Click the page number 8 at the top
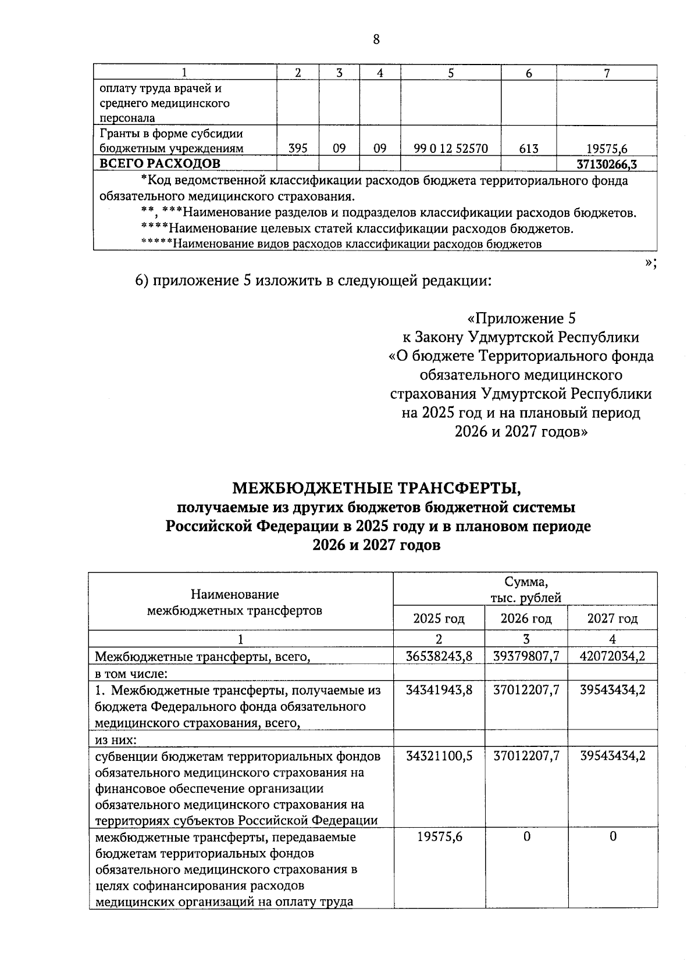coord(375,40)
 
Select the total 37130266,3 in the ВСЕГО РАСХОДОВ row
coord(606,164)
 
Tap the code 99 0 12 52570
coord(450,149)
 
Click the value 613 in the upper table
coord(528,149)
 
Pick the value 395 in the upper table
coord(298,149)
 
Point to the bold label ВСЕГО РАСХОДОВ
coord(160,163)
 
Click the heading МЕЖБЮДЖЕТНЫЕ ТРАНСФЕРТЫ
coord(374,487)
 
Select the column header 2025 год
coord(439,618)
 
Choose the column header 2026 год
coord(526,618)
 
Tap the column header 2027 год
coord(612,618)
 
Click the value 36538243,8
coord(439,656)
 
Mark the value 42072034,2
coord(612,656)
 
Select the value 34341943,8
coord(439,690)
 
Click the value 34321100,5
coord(439,756)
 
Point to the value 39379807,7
coord(526,656)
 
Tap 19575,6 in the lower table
coord(440,836)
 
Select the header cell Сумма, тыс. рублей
coord(525,589)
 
